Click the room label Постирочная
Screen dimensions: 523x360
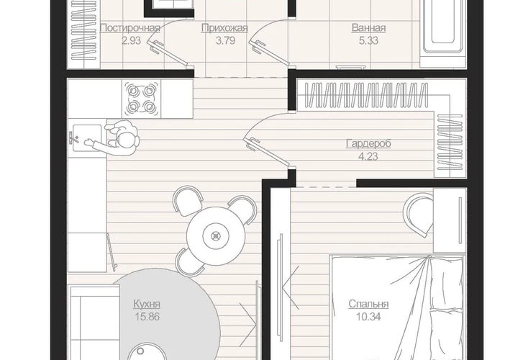click(130, 27)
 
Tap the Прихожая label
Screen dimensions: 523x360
click(224, 27)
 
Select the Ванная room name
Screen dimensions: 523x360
click(368, 27)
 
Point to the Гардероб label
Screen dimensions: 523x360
click(368, 143)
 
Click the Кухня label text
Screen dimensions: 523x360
click(147, 304)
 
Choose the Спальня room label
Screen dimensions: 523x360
click(368, 304)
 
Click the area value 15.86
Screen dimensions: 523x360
click(147, 316)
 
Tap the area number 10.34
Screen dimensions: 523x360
click(368, 316)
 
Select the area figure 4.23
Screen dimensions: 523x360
click(368, 156)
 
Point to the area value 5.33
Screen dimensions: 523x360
click(368, 40)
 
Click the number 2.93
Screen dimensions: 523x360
click(131, 40)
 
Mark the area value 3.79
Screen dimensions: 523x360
click(225, 40)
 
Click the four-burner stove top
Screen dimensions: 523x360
click(141, 99)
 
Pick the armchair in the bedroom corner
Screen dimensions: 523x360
click(419, 215)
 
